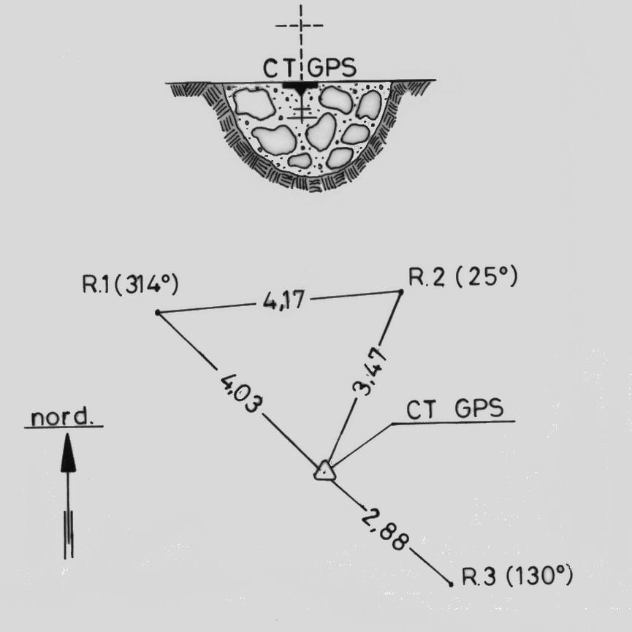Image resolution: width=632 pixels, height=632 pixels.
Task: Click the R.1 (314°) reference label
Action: coord(131,285)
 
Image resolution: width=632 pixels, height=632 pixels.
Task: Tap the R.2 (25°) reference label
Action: coord(462,278)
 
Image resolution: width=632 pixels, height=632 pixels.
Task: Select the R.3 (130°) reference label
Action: coord(517,577)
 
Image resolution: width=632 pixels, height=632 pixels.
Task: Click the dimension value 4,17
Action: coord(281,300)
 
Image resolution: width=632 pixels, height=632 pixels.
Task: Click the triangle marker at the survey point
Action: coord(324,471)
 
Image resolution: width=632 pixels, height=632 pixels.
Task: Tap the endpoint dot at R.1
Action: coord(158,313)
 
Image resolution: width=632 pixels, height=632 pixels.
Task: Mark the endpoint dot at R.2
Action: coord(401,292)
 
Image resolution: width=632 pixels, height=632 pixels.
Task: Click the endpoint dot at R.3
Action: coord(450,583)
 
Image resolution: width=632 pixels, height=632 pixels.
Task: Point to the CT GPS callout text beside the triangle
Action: coord(455,409)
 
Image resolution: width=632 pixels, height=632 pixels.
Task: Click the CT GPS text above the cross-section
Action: coord(310,69)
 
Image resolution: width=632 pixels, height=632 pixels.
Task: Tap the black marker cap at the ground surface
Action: coord(300,87)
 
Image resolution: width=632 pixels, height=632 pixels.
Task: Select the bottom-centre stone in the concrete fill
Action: coord(300,161)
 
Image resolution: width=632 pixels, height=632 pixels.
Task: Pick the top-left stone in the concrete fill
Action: coord(255,103)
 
